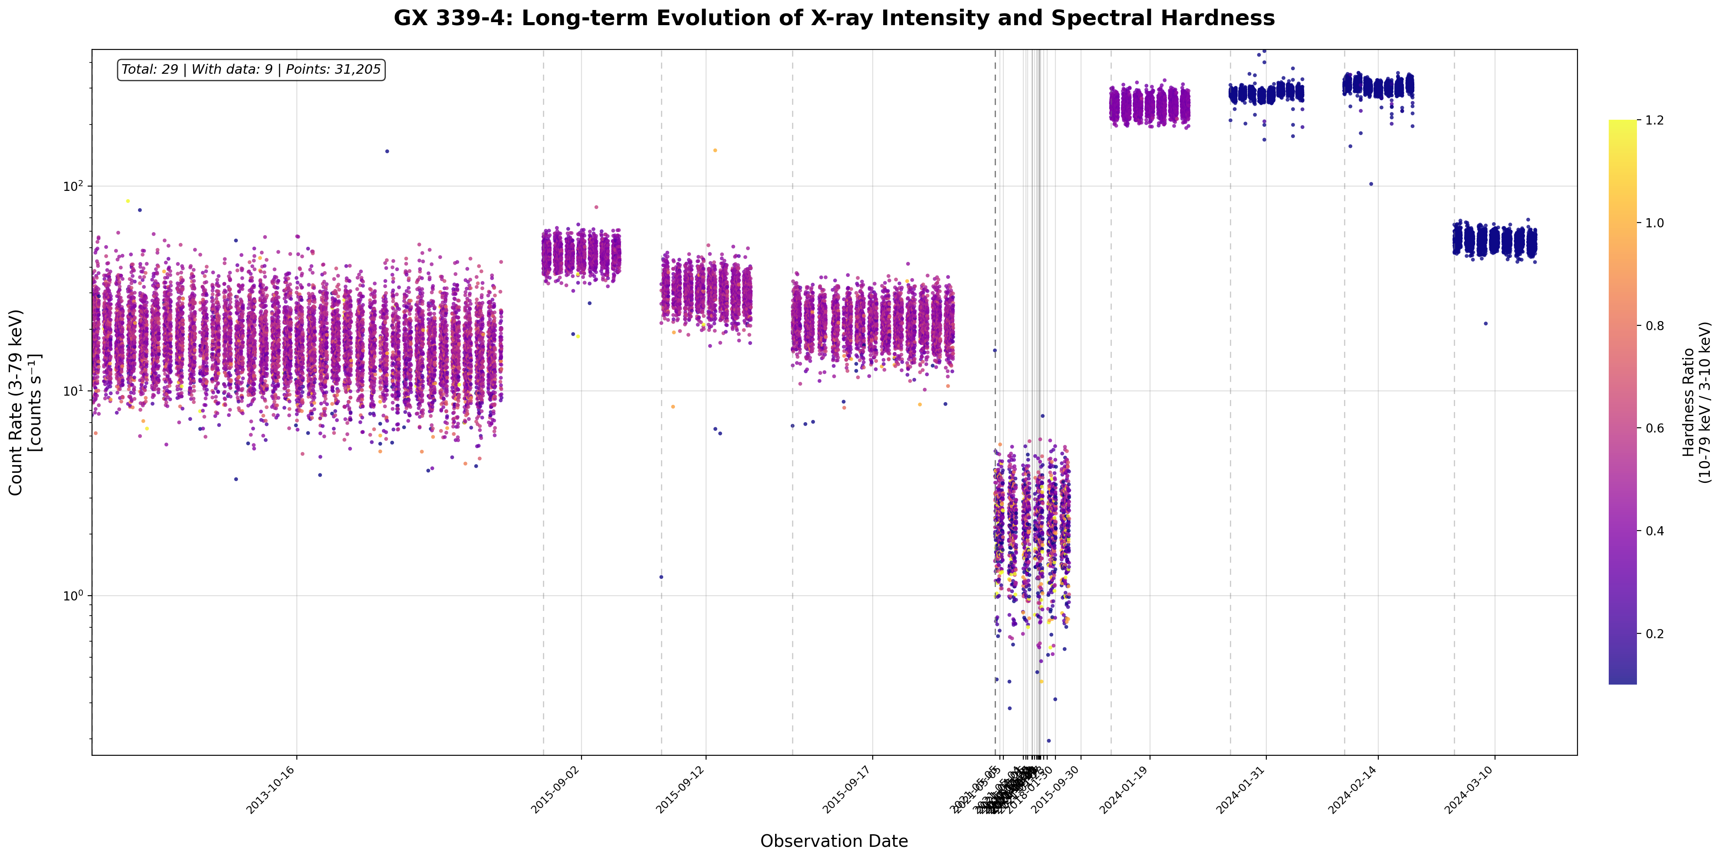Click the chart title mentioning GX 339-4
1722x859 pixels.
(x=834, y=18)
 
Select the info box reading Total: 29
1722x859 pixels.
(x=251, y=69)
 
